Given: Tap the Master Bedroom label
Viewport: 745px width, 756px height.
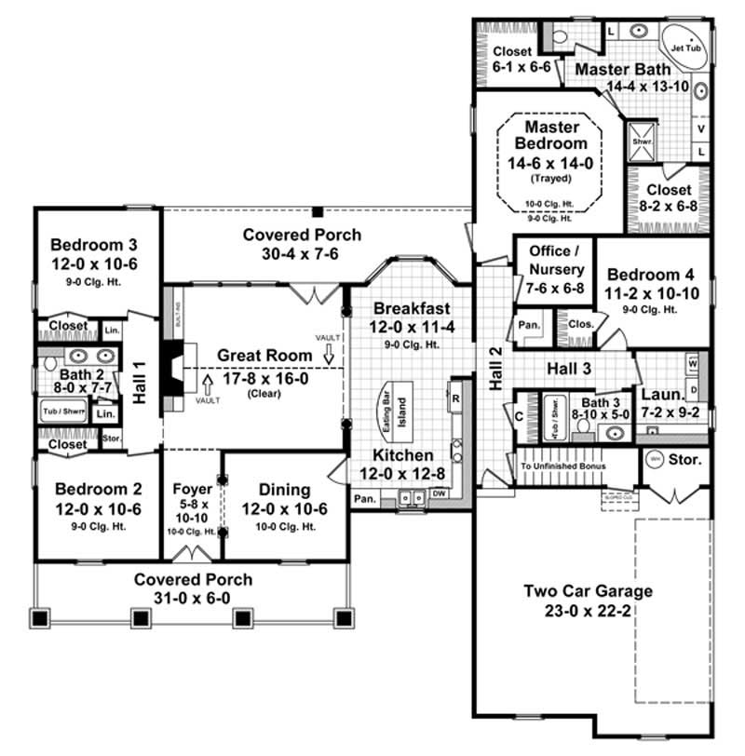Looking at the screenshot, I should click(x=556, y=135).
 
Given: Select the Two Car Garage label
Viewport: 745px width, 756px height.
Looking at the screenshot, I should click(x=588, y=590).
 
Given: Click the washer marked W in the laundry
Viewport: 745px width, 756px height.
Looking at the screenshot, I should click(x=693, y=361).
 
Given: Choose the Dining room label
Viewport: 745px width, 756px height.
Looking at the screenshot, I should click(x=284, y=488).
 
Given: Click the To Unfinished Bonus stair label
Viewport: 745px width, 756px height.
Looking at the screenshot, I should click(x=563, y=466).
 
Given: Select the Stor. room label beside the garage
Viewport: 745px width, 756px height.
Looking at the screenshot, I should click(x=685, y=460).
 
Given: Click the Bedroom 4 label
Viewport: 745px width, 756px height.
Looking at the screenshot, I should click(x=649, y=275).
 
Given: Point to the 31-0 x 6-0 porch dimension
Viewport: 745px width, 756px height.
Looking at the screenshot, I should click(x=193, y=597).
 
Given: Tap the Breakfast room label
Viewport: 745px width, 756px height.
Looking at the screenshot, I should click(x=412, y=308).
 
